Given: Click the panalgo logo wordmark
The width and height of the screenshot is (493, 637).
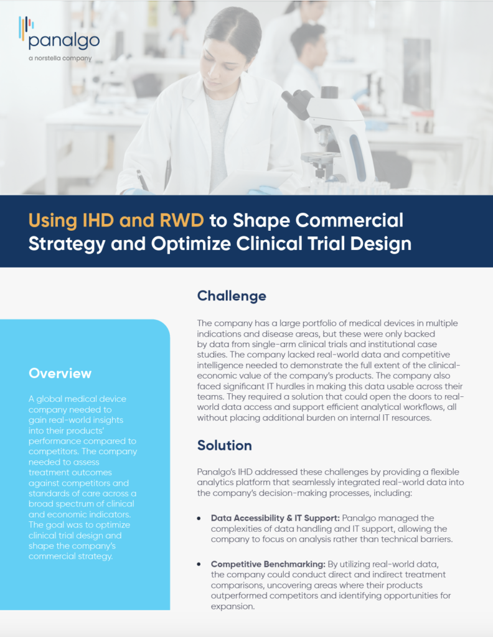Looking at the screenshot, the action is click(64, 42).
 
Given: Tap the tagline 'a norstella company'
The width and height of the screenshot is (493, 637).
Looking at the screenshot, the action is click(60, 58).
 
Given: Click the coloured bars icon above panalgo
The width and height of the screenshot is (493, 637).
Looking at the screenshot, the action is click(26, 27).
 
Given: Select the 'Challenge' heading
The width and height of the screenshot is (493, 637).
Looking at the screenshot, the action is click(232, 295).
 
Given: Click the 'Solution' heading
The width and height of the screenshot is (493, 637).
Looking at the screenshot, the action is click(224, 445).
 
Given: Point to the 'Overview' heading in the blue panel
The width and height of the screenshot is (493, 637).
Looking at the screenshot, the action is click(60, 373).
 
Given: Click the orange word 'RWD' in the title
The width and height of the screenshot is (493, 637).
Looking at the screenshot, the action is click(182, 220).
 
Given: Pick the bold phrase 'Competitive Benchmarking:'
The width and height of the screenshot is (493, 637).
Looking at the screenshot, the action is click(268, 564).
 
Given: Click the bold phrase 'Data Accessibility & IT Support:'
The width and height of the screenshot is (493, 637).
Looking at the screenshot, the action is click(275, 518).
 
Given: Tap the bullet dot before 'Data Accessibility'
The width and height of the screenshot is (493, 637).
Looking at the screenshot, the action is click(199, 518).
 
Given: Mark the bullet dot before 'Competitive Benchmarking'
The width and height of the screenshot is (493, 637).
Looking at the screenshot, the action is click(199, 564).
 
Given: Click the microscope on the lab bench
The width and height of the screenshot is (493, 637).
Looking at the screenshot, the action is click(329, 134).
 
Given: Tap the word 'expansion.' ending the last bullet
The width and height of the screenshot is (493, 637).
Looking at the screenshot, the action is click(232, 607).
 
